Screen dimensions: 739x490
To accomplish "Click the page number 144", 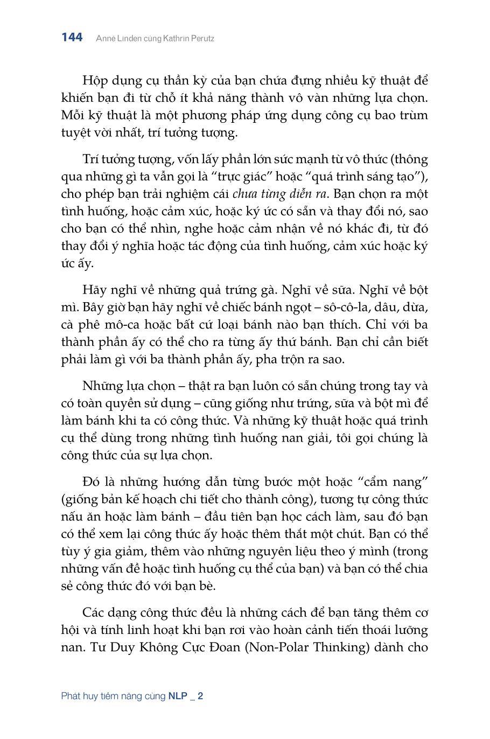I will pos(72,37).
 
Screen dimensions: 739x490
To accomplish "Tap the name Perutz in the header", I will pos(201,39).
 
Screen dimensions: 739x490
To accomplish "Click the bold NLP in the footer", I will pos(177,696).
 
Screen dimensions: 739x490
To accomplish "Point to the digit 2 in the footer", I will pos(200,696).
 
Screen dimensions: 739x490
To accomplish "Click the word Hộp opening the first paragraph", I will pos(96,81).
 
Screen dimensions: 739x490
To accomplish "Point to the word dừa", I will pos(416,308).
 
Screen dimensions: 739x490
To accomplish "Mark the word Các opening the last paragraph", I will pos(94,612).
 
